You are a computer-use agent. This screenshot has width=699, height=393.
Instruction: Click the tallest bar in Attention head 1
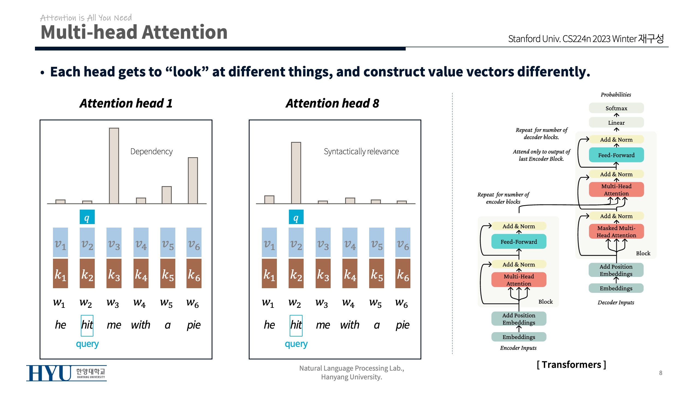(114, 165)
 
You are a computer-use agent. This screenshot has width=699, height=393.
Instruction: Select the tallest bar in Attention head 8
(296, 172)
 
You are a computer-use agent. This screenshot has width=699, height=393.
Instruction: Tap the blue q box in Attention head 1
(87, 217)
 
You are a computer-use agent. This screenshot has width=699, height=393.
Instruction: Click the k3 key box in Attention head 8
(323, 273)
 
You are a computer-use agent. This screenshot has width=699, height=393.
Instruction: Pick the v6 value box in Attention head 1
(194, 242)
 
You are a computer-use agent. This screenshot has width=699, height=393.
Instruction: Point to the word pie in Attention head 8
(402, 325)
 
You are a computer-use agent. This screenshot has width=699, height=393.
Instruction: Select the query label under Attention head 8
(296, 344)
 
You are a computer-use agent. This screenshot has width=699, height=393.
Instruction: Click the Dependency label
(151, 151)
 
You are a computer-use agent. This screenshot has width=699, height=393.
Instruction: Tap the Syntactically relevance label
(361, 151)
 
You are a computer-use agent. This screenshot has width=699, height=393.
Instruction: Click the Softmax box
(616, 108)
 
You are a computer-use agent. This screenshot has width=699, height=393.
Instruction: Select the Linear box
(616, 123)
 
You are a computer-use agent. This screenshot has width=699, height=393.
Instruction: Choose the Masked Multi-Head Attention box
(616, 231)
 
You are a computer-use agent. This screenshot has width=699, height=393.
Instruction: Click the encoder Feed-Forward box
(519, 242)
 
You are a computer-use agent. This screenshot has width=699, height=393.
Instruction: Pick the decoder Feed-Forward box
(616, 155)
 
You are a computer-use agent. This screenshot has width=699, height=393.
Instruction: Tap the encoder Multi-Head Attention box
(519, 280)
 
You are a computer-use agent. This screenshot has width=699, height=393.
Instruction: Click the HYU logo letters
(49, 373)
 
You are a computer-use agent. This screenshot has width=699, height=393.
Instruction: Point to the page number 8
(661, 373)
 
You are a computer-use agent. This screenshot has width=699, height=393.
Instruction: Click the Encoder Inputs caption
(518, 348)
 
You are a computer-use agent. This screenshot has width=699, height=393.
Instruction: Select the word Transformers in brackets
(571, 365)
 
